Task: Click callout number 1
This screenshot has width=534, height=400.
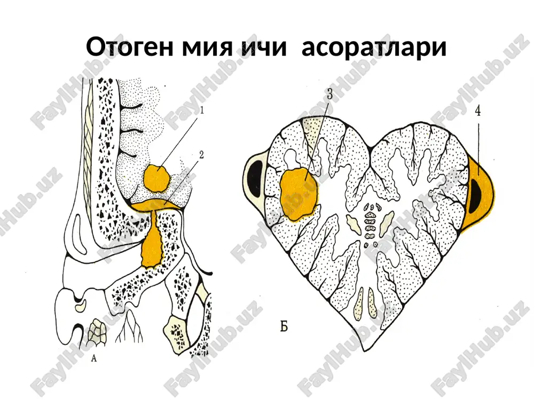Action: click(x=201, y=111)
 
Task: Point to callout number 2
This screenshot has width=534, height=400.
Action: click(x=202, y=155)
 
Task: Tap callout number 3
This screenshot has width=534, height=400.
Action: click(x=329, y=94)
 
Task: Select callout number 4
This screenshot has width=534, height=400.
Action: click(x=478, y=111)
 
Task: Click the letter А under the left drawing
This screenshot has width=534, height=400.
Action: click(x=95, y=358)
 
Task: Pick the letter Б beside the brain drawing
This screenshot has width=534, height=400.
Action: click(x=284, y=326)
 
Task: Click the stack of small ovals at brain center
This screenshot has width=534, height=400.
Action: click(x=369, y=225)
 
